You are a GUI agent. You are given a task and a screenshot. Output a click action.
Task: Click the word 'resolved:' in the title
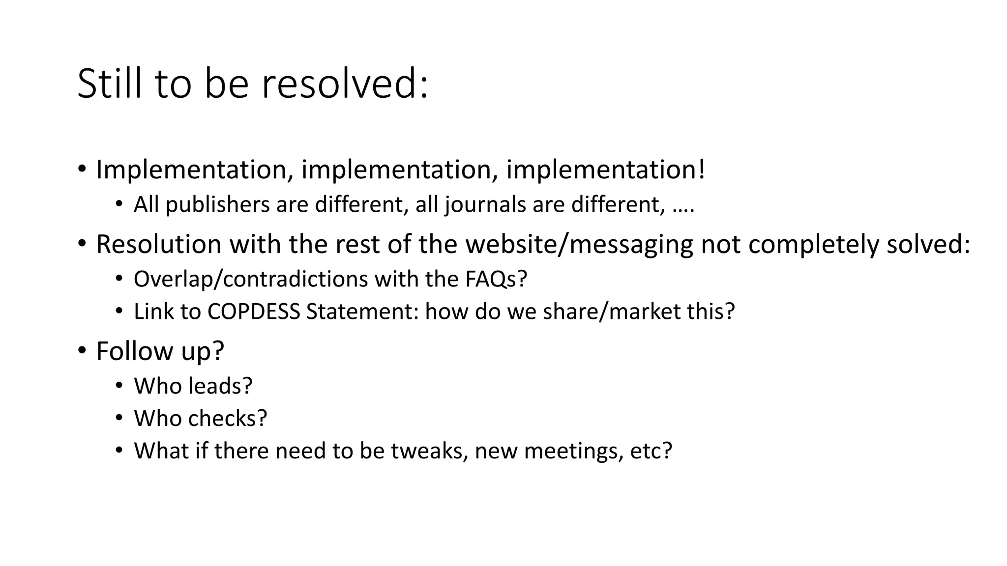345,84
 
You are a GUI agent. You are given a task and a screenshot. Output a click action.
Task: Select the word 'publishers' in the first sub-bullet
217,204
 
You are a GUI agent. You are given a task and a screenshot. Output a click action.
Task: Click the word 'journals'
485,204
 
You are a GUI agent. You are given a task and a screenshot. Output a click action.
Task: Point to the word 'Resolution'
158,244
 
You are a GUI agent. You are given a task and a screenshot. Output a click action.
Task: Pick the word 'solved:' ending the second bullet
928,244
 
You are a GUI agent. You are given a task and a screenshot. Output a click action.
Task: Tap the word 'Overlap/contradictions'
251,279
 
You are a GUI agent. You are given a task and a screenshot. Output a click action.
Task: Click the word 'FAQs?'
496,279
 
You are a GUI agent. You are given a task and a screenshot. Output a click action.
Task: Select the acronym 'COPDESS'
254,311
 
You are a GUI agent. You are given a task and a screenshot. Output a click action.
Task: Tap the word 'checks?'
228,419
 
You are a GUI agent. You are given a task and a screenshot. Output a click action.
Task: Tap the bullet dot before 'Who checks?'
118,418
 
